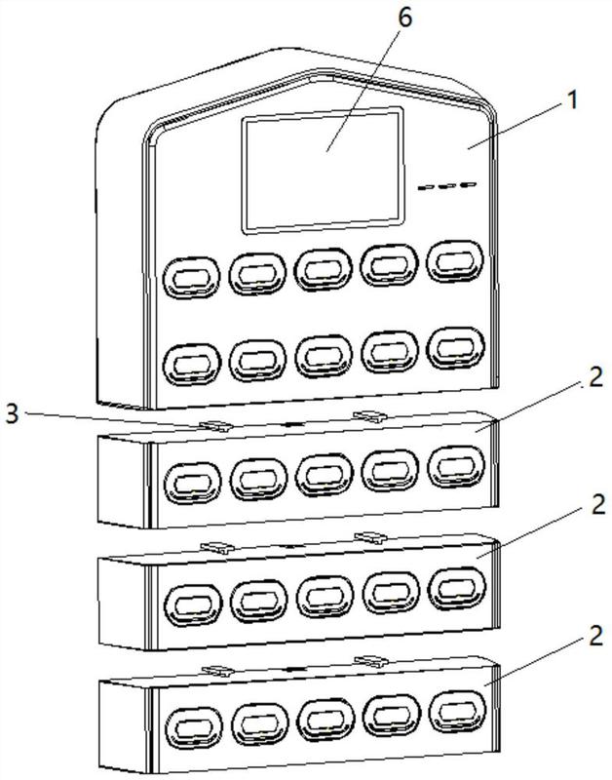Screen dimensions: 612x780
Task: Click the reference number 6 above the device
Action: tap(405, 18)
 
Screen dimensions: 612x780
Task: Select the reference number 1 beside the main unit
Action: tap(573, 100)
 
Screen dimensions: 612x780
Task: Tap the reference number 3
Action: tap(12, 413)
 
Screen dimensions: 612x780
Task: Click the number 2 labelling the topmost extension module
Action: tap(595, 377)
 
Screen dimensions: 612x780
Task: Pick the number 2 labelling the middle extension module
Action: tap(597, 504)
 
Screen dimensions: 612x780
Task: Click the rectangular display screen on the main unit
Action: tap(323, 170)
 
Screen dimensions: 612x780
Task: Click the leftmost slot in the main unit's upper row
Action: tap(191, 278)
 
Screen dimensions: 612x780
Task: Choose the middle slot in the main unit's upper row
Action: tap(324, 270)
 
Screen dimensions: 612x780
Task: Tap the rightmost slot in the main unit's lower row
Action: tap(455, 348)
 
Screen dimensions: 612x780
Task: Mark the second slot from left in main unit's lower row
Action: tap(257, 361)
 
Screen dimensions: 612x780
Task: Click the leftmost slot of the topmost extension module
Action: tap(192, 483)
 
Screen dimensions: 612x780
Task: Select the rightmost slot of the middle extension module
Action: tap(456, 589)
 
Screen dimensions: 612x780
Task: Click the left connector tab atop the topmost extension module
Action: tap(215, 425)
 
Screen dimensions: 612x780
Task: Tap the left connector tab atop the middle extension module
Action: tap(217, 547)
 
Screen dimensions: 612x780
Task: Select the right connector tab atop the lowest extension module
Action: tap(371, 661)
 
